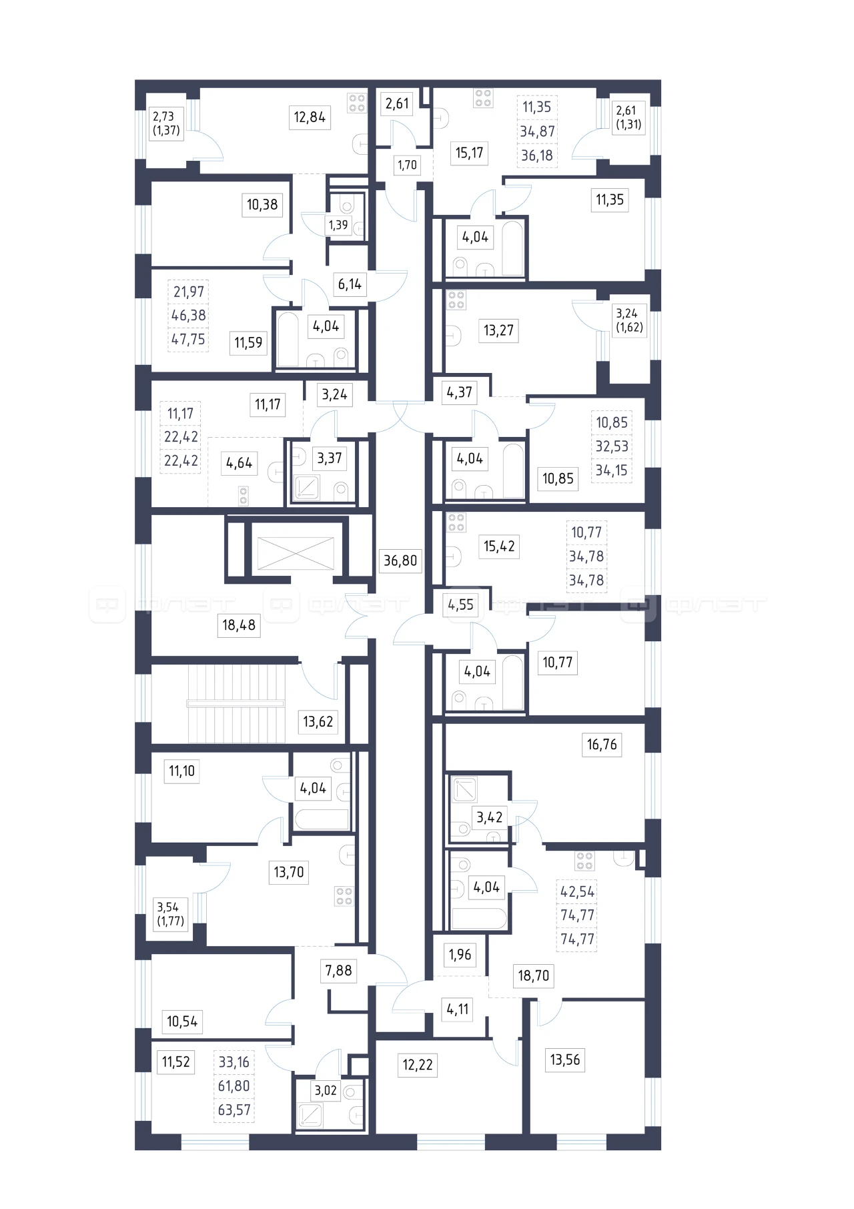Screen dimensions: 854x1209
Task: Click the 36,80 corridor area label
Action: [x=400, y=560]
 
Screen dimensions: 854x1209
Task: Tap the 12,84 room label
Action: [x=310, y=117]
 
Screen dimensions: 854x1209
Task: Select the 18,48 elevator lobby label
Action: [x=239, y=625]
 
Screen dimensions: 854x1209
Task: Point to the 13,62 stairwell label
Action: [x=318, y=722]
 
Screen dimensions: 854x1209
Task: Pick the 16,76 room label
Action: [x=602, y=745]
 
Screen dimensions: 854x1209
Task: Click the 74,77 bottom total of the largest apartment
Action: [x=578, y=939]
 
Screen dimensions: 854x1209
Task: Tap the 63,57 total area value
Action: [x=234, y=1110]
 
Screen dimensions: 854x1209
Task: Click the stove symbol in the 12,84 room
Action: [x=357, y=103]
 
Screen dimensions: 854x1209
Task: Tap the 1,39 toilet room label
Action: [x=338, y=226]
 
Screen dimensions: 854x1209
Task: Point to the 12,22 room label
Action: [x=418, y=1065]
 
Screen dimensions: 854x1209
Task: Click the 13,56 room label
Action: [x=565, y=1060]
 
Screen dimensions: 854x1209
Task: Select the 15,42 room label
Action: [x=499, y=546]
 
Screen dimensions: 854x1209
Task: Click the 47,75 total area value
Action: [x=189, y=340]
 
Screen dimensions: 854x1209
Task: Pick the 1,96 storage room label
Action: [x=460, y=955]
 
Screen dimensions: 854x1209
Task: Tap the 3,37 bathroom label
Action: [x=330, y=458]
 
